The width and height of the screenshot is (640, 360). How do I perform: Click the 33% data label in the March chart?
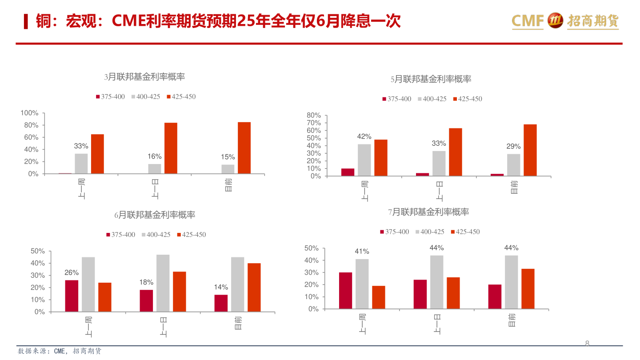[x=81, y=146]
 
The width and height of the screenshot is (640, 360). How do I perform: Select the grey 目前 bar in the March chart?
[x=228, y=169]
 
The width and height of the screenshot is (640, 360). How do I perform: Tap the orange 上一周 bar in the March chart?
[x=97, y=154]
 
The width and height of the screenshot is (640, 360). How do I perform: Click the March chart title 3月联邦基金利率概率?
[x=144, y=77]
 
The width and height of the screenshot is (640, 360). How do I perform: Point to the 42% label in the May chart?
[x=364, y=136]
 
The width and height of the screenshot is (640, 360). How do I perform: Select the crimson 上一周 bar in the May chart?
[x=348, y=172]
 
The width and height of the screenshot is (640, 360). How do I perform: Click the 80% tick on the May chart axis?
[x=314, y=116]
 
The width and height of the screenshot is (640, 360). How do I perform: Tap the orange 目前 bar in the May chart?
[x=530, y=150]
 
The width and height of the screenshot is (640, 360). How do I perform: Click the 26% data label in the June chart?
[x=72, y=272]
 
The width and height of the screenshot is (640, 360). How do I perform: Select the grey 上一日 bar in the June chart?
[x=163, y=283]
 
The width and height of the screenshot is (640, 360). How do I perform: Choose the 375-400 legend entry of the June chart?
[x=120, y=235]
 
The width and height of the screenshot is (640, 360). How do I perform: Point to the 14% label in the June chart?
[x=221, y=287]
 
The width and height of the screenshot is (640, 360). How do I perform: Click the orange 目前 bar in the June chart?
[x=254, y=287]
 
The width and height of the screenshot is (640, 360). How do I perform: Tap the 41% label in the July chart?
[x=362, y=252]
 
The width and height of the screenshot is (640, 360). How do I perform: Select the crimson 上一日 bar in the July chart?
[x=420, y=294]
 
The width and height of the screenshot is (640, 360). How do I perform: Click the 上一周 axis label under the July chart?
[x=362, y=324]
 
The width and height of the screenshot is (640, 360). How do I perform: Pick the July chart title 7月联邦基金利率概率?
[x=428, y=212]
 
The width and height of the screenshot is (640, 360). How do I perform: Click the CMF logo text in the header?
[x=528, y=20]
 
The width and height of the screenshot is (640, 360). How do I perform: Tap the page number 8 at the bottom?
[x=587, y=344]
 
